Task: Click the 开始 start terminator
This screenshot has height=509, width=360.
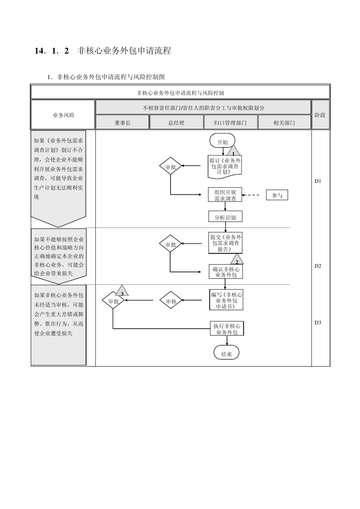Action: [x=222, y=142]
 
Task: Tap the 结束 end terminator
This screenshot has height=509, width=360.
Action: [x=226, y=354]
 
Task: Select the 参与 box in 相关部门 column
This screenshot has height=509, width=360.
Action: [x=277, y=195]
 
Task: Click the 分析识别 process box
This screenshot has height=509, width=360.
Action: [x=225, y=217]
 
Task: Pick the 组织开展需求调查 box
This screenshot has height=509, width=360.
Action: [x=225, y=195]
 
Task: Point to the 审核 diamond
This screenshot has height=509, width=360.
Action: [x=171, y=301]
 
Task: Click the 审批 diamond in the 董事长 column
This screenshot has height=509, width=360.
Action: [x=113, y=301]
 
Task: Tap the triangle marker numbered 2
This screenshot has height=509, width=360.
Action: [x=237, y=261]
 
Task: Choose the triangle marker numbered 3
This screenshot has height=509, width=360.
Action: [x=122, y=292]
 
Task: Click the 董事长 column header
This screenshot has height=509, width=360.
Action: [x=122, y=123]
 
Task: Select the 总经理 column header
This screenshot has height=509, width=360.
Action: [x=176, y=123]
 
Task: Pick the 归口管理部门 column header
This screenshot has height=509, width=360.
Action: [x=230, y=123]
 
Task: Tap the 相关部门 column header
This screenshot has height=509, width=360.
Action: [x=284, y=123]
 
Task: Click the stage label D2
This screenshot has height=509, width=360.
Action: [x=318, y=266]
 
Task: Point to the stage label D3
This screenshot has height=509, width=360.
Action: [x=318, y=323]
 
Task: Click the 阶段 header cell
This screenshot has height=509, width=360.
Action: [x=320, y=115]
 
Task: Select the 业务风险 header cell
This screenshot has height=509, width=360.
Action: [x=63, y=115]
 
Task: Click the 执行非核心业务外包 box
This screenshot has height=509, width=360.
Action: [x=227, y=329]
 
